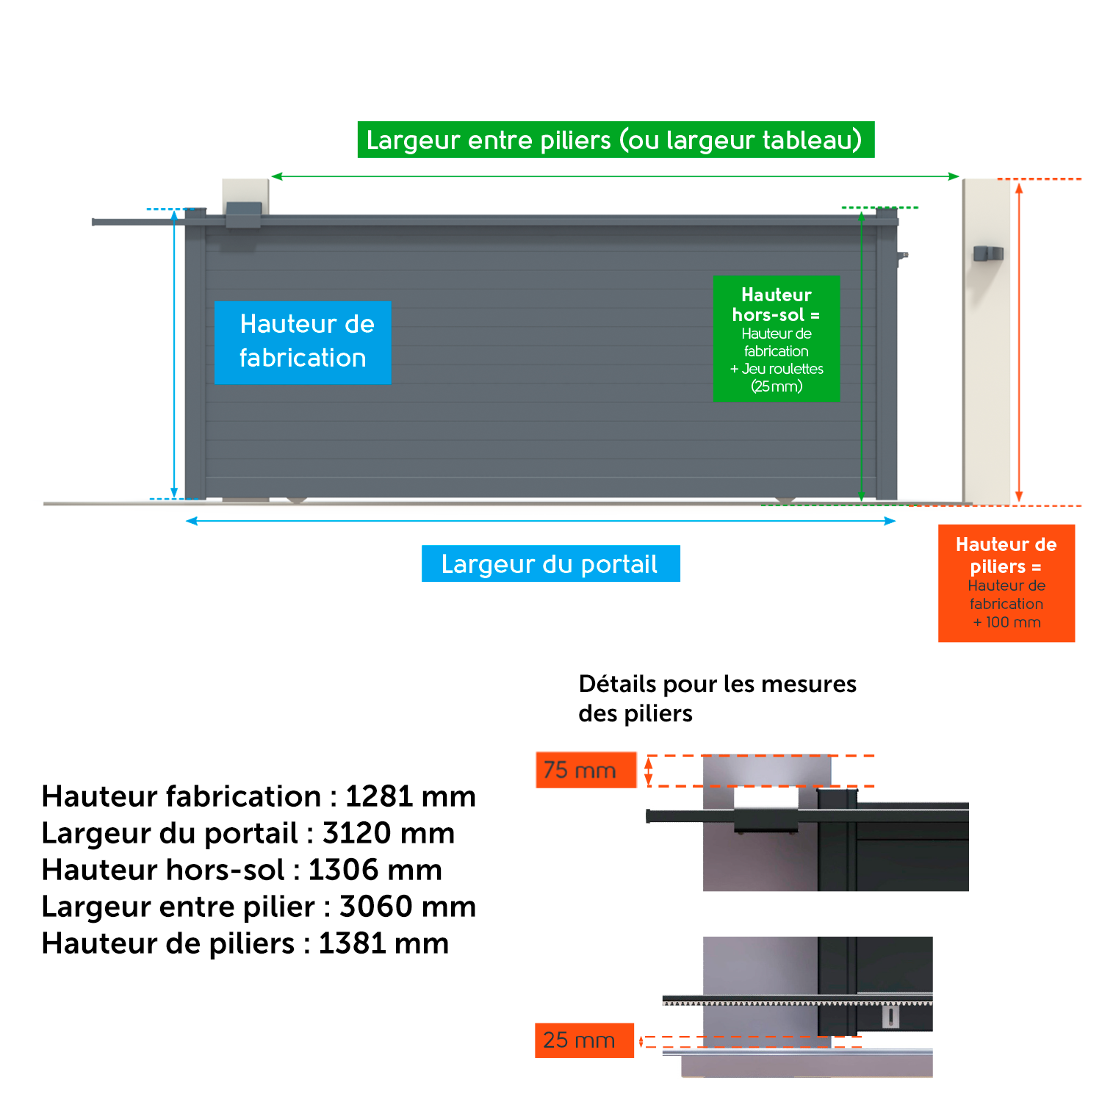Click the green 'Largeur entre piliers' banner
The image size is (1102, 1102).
(x=616, y=140)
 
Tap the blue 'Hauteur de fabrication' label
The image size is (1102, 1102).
(x=303, y=342)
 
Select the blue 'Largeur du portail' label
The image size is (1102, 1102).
(x=551, y=563)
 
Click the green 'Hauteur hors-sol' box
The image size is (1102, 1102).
(x=777, y=339)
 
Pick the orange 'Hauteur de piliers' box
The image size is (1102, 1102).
(x=1006, y=583)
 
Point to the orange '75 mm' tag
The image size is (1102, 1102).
(x=586, y=770)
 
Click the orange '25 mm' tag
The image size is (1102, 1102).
(x=584, y=1040)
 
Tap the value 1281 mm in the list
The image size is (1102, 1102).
(x=411, y=796)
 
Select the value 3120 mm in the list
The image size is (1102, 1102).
(x=389, y=833)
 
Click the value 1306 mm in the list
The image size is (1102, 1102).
(x=375, y=870)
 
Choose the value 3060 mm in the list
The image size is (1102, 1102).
(x=408, y=907)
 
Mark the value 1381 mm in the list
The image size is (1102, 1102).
(x=383, y=943)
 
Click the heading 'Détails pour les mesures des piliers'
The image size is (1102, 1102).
(x=718, y=699)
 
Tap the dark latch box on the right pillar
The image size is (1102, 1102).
(x=988, y=253)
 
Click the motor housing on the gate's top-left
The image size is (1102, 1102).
(x=244, y=215)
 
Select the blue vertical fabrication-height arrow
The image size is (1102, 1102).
(x=174, y=353)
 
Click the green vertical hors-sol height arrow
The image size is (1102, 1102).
(x=862, y=355)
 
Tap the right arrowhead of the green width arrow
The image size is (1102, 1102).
(x=954, y=176)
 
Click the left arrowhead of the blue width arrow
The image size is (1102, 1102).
(x=192, y=521)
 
